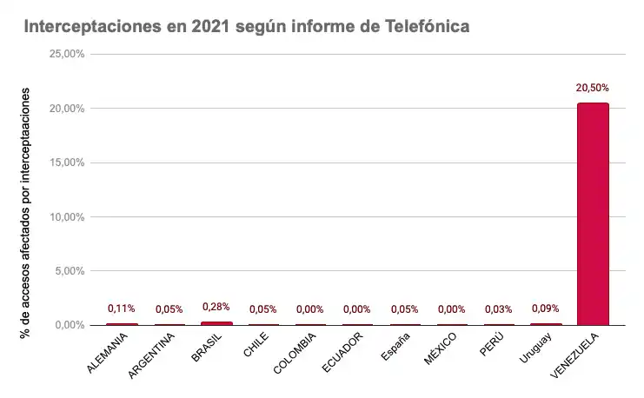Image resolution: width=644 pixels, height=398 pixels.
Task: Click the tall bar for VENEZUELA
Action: [x=593, y=214]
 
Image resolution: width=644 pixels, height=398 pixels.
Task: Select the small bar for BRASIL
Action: [x=216, y=323]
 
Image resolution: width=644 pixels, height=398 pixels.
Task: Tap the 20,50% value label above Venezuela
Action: [x=593, y=88]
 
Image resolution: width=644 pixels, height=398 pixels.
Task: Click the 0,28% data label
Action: [x=216, y=307]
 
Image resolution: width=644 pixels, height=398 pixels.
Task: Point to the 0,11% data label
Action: [x=122, y=308]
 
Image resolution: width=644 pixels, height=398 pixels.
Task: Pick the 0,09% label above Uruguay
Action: [x=546, y=308]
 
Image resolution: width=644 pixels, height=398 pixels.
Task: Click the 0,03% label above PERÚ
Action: [x=499, y=309]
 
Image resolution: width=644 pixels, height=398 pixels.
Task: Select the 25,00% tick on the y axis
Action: [x=67, y=55]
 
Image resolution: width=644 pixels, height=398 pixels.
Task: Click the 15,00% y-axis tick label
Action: [x=67, y=163]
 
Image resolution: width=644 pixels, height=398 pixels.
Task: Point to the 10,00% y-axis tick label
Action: [x=67, y=216]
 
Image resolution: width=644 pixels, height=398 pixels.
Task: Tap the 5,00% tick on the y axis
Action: [x=70, y=271]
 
